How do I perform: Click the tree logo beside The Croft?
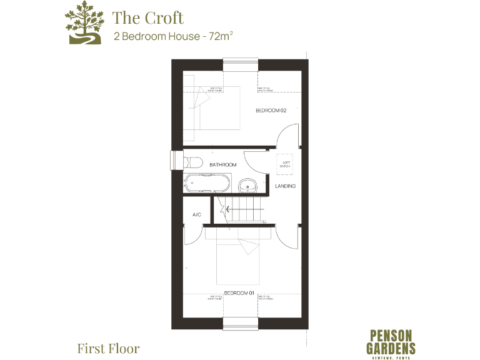(x=84, y=23)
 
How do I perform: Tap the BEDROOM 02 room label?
(x=271, y=111)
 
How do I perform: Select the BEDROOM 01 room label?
(x=238, y=292)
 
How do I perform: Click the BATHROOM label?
(x=222, y=164)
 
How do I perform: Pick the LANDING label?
(x=285, y=186)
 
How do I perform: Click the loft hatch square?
(x=286, y=164)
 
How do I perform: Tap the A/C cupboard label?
(x=196, y=214)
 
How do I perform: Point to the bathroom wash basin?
(x=248, y=184)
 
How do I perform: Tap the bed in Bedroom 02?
(x=212, y=107)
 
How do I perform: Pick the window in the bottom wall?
(x=240, y=324)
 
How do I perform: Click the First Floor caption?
(x=108, y=348)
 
